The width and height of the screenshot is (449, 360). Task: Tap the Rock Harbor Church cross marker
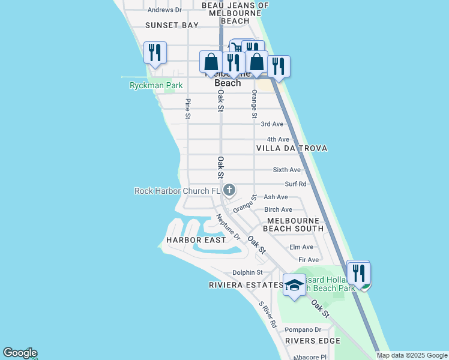[x=229, y=191]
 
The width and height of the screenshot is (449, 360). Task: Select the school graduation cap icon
[x=294, y=286]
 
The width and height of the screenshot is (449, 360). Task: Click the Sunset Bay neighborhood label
[x=172, y=25]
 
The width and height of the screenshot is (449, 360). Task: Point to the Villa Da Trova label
[x=292, y=148]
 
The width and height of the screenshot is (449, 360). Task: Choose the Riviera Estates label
[x=246, y=285]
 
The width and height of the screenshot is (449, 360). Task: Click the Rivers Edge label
[x=313, y=341]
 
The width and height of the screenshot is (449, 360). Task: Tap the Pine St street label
[x=188, y=109]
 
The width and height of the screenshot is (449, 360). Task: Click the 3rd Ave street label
[x=272, y=124]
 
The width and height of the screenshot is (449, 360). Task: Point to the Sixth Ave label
[x=287, y=170]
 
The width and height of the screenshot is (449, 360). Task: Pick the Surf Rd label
[x=295, y=184]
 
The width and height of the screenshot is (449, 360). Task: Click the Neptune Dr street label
[x=228, y=228]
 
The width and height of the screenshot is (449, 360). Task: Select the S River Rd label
[x=268, y=314]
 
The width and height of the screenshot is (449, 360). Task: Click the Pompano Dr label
[x=303, y=329]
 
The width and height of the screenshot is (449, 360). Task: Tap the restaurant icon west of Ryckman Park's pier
[x=155, y=53]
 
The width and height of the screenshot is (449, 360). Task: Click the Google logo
[x=20, y=353]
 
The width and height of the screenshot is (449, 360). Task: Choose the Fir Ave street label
[x=309, y=260]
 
